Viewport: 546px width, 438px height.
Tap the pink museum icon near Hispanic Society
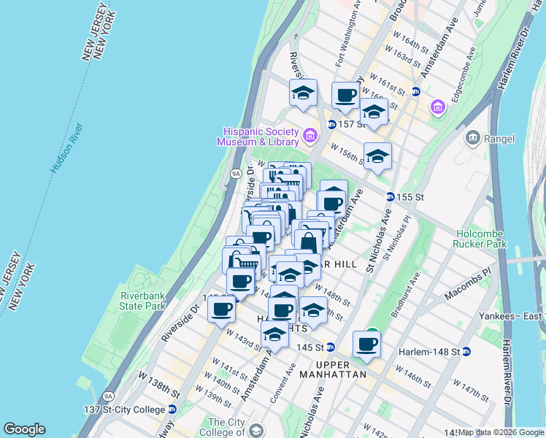[309, 136]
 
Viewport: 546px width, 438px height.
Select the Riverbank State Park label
[143, 301]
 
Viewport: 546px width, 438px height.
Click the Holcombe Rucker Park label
[481, 239]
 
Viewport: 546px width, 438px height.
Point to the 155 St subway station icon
[391, 197]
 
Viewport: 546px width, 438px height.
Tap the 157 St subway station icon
[331, 124]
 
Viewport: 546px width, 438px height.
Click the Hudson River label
[67, 148]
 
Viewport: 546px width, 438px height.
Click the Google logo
[24, 429]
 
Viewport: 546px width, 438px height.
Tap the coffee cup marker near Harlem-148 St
[367, 345]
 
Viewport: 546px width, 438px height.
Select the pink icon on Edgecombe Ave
[437, 108]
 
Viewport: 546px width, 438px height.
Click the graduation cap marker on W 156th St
[377, 156]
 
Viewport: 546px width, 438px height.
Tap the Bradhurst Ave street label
[406, 294]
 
